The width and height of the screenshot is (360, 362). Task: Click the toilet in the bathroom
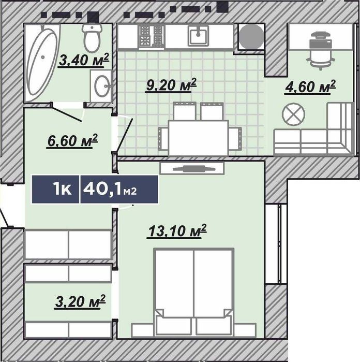[92, 37]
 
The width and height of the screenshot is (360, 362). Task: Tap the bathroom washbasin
[101, 86]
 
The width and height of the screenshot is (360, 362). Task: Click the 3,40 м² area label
[83, 60]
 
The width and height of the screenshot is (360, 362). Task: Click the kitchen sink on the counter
[199, 35]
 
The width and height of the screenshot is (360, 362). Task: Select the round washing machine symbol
[251, 37]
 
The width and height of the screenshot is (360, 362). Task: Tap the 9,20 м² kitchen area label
[171, 85]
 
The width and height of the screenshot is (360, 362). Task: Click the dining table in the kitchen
[198, 138]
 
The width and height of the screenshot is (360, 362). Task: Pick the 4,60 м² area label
[310, 87]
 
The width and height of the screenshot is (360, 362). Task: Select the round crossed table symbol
[293, 114]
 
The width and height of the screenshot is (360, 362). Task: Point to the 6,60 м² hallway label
[72, 141]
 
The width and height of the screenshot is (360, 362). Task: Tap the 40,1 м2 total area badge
[119, 190]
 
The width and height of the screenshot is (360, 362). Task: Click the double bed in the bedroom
[194, 292]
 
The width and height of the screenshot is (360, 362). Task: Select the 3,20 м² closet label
[80, 301]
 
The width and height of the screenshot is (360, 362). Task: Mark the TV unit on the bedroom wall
[192, 168]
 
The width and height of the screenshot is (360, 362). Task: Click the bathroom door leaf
[67, 112]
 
